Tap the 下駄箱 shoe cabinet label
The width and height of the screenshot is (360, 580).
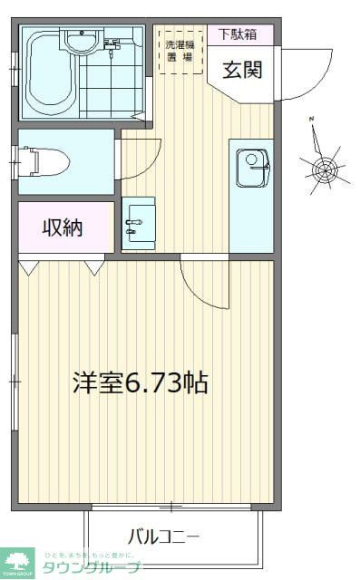pyautogui.click(x=238, y=34)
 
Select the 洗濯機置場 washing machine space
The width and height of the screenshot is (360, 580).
pyautogui.click(x=178, y=51)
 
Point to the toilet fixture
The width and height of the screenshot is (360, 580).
pyautogui.click(x=49, y=162)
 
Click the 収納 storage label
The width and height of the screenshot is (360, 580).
pyautogui.click(x=62, y=227)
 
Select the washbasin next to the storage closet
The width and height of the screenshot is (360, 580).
pyautogui.click(x=138, y=220)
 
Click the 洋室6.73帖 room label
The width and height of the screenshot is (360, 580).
pyautogui.click(x=141, y=382)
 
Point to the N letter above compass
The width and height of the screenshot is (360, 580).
pyautogui.click(x=311, y=119)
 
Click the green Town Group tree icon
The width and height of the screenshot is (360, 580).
pyautogui.click(x=15, y=559)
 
